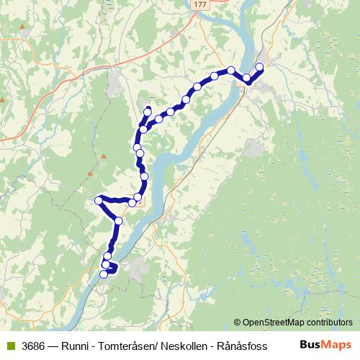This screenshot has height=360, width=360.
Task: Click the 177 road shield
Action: pos(199,4)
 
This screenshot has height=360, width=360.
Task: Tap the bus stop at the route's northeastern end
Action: pos(260,67)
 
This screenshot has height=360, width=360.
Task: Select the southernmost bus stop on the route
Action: pos(104,274)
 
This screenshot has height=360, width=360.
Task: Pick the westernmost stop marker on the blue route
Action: pos(99,200)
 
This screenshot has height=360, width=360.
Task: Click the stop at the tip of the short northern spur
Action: pos(148,110)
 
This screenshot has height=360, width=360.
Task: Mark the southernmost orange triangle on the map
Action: pos(90,174)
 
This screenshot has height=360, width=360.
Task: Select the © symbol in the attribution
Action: pos(238,323)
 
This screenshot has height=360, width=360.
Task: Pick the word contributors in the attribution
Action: pos(329,323)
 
